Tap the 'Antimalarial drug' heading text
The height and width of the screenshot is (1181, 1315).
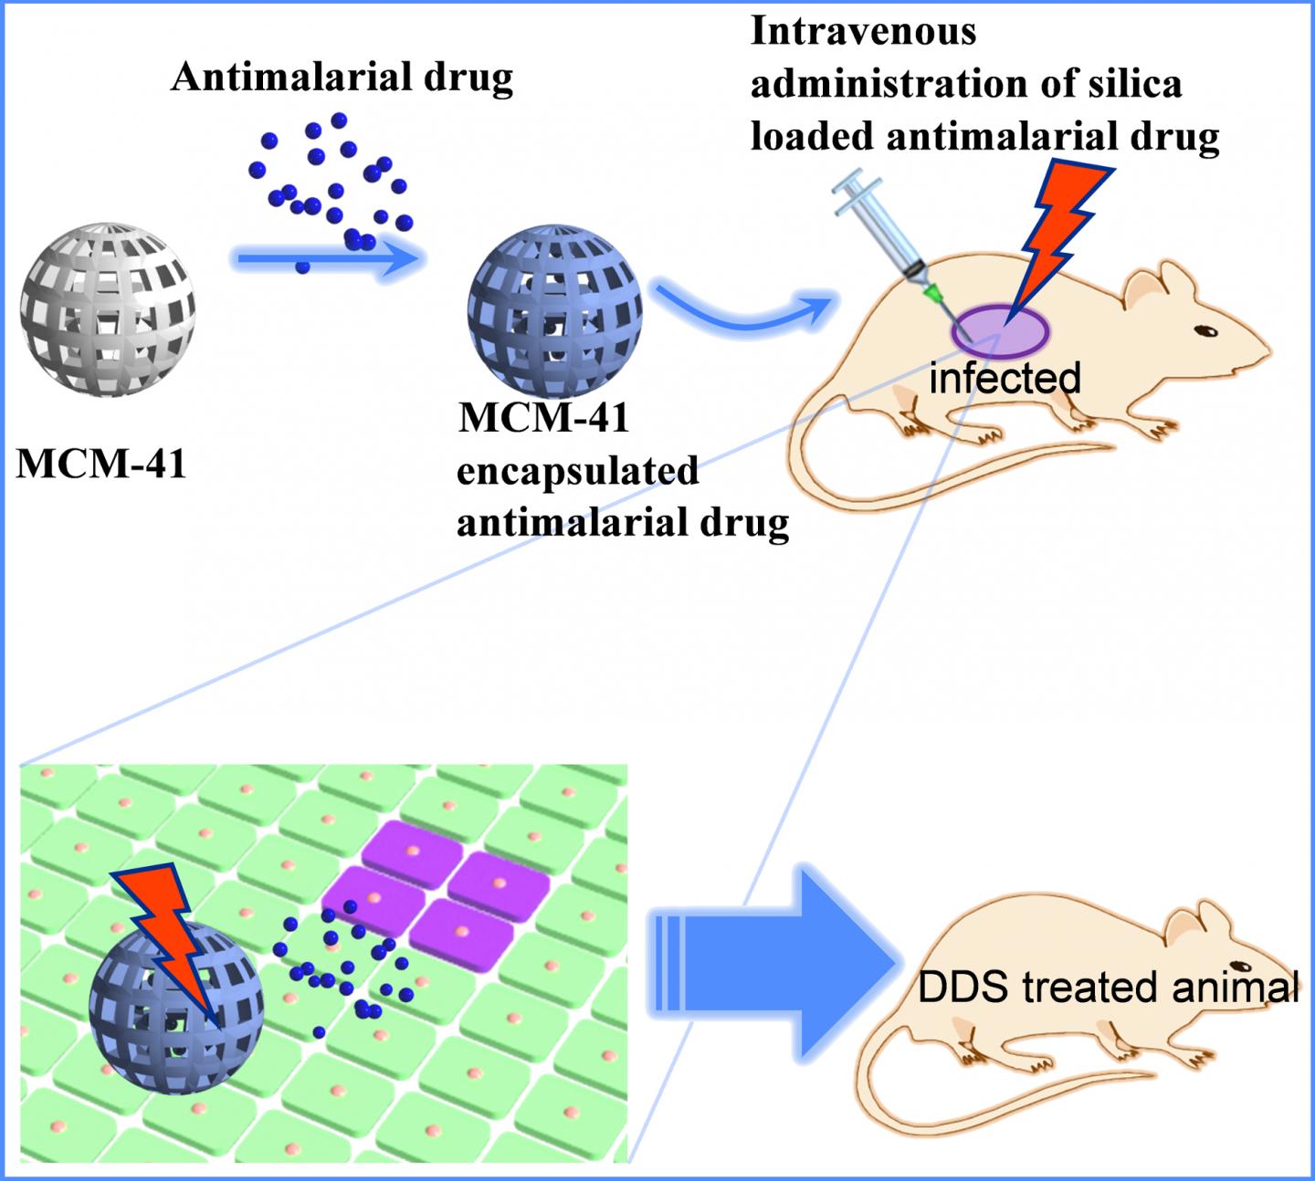point(342,78)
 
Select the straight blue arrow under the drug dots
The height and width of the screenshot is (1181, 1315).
point(329,260)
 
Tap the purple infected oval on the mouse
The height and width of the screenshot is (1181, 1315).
point(997,329)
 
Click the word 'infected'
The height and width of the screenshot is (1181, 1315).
point(1005,378)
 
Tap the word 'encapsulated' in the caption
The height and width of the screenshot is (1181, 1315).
point(577,471)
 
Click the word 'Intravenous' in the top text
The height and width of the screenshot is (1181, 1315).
point(863,32)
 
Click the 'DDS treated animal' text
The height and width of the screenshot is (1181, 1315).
point(1108,988)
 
